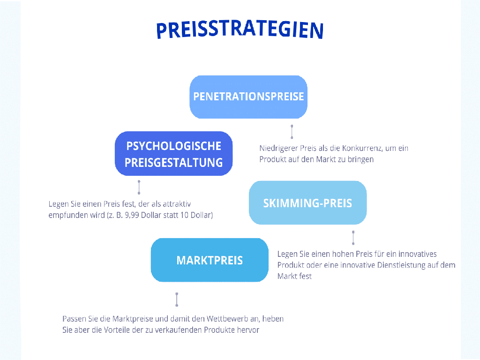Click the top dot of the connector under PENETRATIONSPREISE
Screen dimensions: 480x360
[292, 126]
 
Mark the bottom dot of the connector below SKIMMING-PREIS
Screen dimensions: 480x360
[353, 244]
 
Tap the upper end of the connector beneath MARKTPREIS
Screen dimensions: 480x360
[177, 294]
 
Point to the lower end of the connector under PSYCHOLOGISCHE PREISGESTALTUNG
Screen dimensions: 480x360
[139, 193]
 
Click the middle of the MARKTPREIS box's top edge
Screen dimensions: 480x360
[210, 238]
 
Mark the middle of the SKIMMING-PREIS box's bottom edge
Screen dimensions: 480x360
[307, 225]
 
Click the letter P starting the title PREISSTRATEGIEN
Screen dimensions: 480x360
[162, 31]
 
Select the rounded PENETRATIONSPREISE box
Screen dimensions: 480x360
[248, 97]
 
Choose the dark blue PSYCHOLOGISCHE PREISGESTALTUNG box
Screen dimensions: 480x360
[173, 153]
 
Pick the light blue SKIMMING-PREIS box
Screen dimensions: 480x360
[307, 202]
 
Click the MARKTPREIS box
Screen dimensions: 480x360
[210, 260]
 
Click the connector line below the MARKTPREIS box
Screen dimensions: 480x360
[177, 300]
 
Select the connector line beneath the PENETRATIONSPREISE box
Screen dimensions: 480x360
[292, 132]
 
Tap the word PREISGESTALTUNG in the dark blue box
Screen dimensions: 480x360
[173, 163]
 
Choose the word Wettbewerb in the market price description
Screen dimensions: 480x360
[227, 319]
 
